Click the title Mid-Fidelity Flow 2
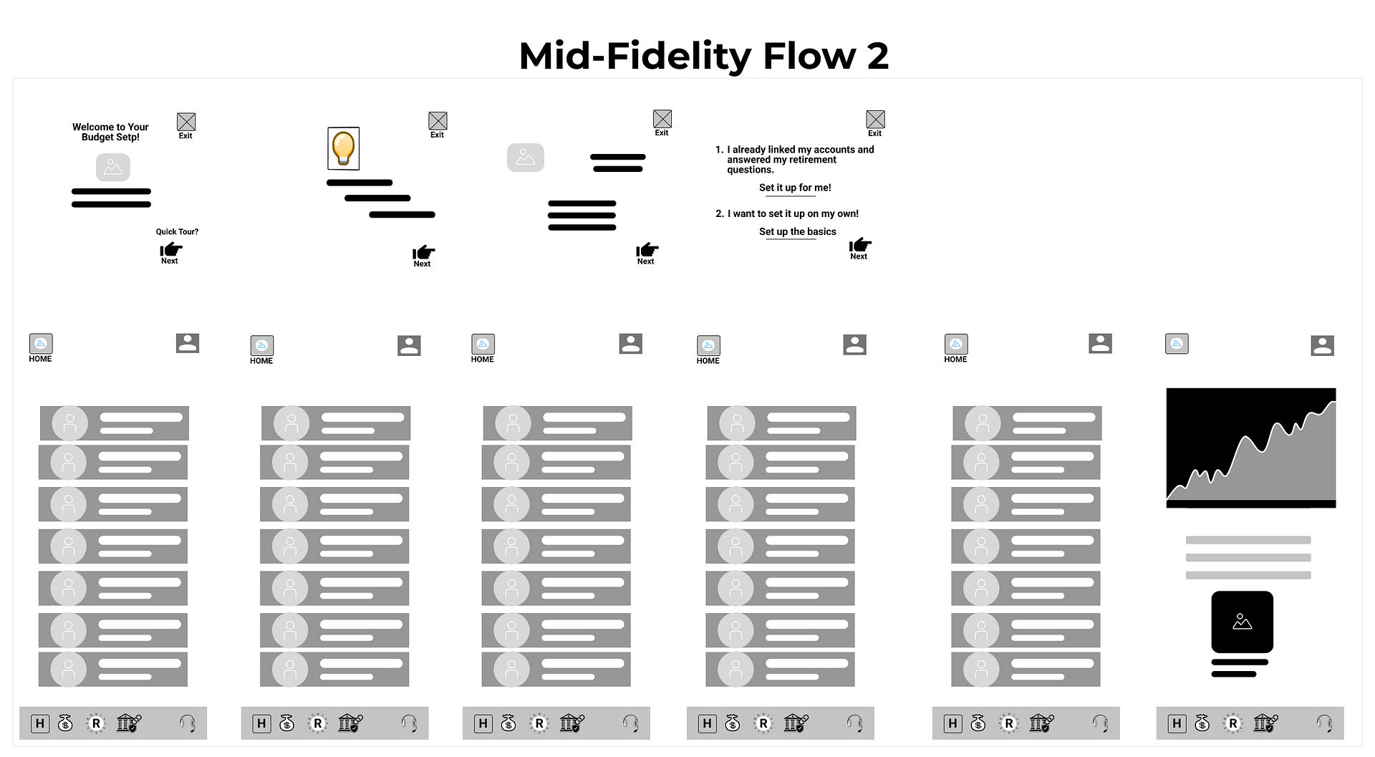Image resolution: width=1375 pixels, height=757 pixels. coord(703,56)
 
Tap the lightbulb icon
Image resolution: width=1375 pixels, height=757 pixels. coord(343,148)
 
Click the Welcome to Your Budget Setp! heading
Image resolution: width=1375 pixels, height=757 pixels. coord(110,132)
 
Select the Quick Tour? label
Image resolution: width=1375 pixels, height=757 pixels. coord(177,231)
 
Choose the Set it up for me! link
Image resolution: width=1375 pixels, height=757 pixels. coord(795,188)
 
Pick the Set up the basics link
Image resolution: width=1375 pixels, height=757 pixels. coord(797,231)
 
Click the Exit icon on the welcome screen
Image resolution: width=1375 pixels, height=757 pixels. coord(186,122)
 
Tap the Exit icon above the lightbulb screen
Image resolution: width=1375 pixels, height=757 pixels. coord(438,121)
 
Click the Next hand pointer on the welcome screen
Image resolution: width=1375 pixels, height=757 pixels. coord(170,250)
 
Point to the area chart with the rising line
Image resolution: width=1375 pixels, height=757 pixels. coord(1250,448)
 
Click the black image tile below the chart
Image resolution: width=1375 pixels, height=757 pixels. coord(1242,622)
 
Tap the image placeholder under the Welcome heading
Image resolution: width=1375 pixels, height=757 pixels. coord(113,167)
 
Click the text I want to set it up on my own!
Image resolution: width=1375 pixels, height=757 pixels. coord(793,213)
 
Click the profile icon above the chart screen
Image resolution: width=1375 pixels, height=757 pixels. coord(1322,346)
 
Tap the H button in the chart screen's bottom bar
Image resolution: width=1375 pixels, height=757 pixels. coord(1177,723)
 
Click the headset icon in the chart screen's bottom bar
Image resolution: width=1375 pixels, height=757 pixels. coord(1324,723)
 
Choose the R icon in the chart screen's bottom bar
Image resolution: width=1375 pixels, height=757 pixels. coord(1232,723)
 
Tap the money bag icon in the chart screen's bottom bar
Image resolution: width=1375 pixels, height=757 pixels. coord(1202,723)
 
